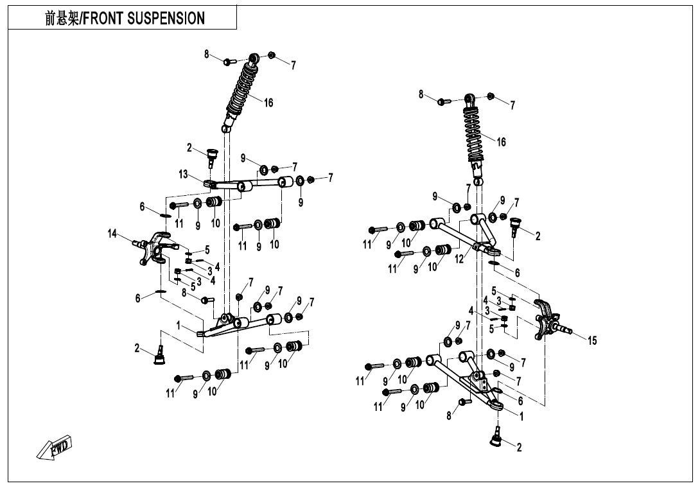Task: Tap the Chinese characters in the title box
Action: coord(61,19)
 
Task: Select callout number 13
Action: coord(184,175)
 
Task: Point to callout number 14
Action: coord(112,234)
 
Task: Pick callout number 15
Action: coord(591,340)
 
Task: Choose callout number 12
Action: coord(459,259)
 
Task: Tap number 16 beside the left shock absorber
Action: coord(268,103)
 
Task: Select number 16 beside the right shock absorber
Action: coord(501,142)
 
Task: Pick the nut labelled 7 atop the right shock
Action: coord(491,96)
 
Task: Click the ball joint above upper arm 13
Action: coord(212,155)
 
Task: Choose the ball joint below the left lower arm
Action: coord(159,354)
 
